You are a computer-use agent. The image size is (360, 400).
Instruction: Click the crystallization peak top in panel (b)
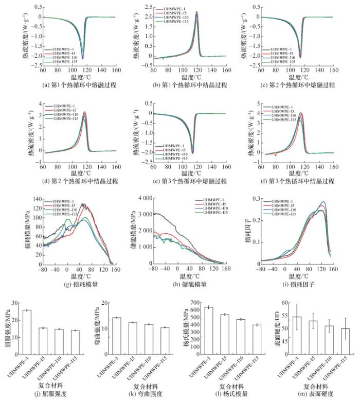196,11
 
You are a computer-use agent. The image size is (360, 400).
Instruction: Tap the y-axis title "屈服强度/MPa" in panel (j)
6,327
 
